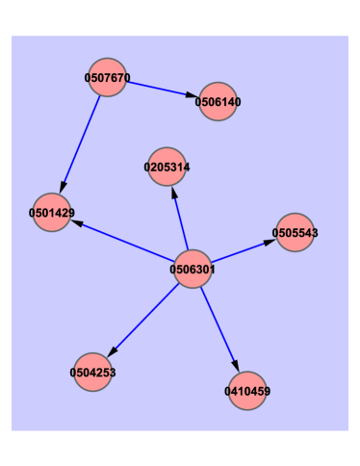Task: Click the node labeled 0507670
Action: (x=108, y=77)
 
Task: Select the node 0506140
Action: (x=218, y=101)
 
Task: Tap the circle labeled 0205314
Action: (x=167, y=167)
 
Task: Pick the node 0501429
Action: (x=52, y=212)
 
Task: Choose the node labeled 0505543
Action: (x=296, y=232)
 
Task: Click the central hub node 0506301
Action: (x=192, y=270)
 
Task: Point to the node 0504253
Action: (x=92, y=372)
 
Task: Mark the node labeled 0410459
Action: (x=247, y=391)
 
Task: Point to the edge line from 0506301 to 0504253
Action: (x=144, y=318)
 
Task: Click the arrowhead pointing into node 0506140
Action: (x=193, y=95)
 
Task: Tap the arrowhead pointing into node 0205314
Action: (x=173, y=192)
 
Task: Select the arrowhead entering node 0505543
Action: (x=270, y=242)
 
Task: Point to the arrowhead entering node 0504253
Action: (x=112, y=351)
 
